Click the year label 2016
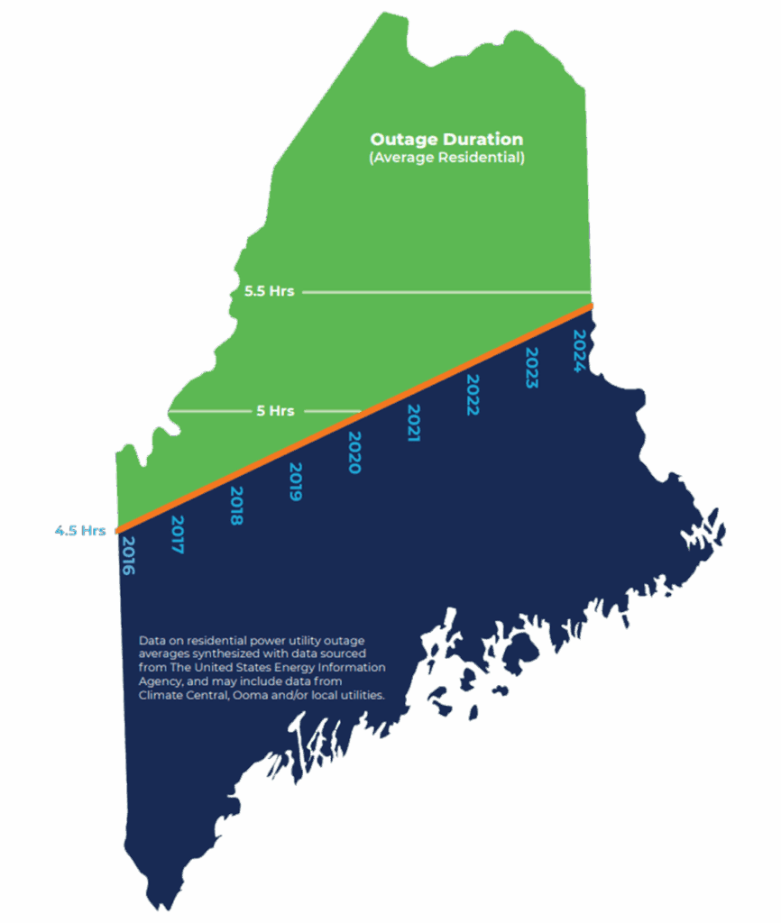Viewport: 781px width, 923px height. click(x=127, y=556)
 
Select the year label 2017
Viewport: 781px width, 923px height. click(x=178, y=535)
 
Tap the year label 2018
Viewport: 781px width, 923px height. click(x=237, y=506)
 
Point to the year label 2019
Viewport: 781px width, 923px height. click(x=295, y=481)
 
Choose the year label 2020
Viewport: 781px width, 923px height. click(x=354, y=452)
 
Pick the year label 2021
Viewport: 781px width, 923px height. click(x=413, y=423)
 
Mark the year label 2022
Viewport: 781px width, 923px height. click(x=472, y=394)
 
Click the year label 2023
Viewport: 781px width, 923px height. click(x=531, y=367)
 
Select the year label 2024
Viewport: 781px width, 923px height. click(x=581, y=350)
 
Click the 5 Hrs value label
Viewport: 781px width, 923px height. click(x=275, y=411)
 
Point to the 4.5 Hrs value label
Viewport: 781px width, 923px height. click(x=80, y=531)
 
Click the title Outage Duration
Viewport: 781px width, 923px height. click(x=446, y=141)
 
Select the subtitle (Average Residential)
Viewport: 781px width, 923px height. click(x=446, y=158)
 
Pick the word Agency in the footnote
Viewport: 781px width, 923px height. click(x=160, y=681)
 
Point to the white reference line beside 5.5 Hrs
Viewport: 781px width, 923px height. click(x=446, y=292)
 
